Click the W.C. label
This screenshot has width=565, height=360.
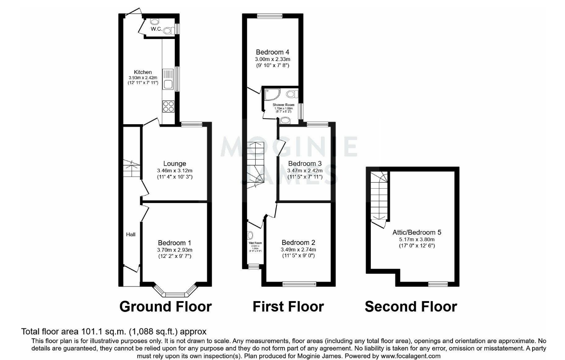(x=156, y=29)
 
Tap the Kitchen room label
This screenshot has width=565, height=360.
(x=143, y=72)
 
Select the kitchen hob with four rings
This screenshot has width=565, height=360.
(x=169, y=106)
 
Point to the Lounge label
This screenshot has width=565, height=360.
(x=175, y=164)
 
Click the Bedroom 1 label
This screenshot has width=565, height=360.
(x=175, y=243)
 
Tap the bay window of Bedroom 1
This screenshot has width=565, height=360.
(x=175, y=293)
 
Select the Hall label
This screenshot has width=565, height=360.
(x=131, y=235)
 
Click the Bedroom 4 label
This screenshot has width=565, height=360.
(x=272, y=52)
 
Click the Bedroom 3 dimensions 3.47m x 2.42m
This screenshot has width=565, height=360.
(x=305, y=170)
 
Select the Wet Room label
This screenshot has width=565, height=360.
(x=255, y=243)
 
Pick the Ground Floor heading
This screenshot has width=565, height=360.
(x=165, y=306)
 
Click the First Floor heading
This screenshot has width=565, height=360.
(x=288, y=306)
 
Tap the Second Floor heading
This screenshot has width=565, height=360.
(x=411, y=306)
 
